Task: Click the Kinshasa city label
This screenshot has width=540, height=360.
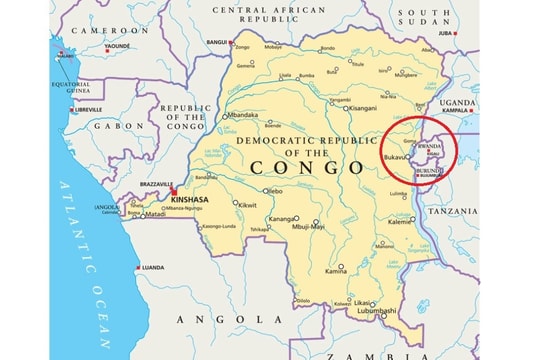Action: pyautogui.click(x=190, y=200)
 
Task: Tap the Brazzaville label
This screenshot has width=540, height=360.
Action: pyautogui.click(x=156, y=185)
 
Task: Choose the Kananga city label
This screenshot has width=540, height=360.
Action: pyautogui.click(x=282, y=218)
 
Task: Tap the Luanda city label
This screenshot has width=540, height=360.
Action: pyautogui.click(x=153, y=268)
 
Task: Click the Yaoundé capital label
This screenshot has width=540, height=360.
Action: pyautogui.click(x=118, y=46)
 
